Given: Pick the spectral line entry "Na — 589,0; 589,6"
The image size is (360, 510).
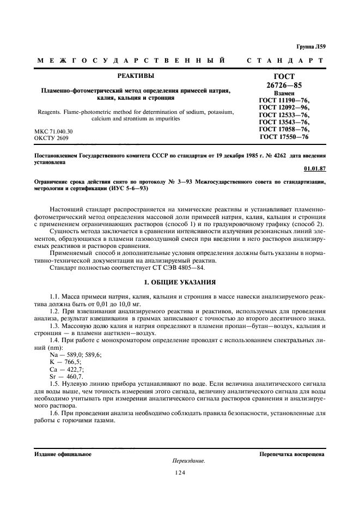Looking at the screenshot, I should pyautogui.click(x=75, y=354).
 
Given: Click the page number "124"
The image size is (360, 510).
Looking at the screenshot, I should pyautogui.click(x=180, y=473).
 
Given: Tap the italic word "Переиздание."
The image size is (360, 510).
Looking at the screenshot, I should pyautogui.click(x=188, y=460).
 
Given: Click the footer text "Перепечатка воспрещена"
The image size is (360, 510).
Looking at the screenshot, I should pyautogui.click(x=292, y=453).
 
